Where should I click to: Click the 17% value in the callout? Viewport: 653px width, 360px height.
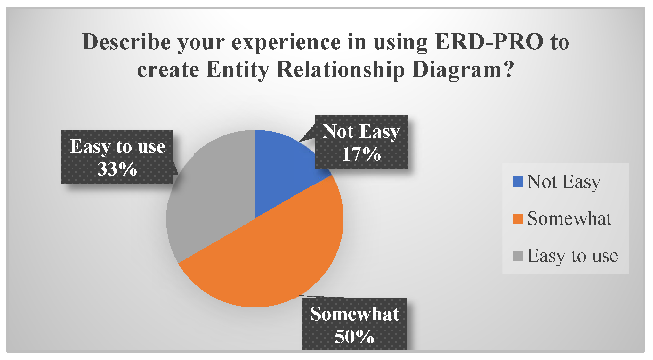(361, 154)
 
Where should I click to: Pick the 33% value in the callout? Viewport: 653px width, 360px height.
(117, 169)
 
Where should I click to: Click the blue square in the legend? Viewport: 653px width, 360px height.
(518, 182)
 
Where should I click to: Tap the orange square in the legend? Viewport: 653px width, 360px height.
(518, 219)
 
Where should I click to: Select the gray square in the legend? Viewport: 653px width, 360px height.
(518, 256)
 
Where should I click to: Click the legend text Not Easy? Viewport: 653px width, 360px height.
(564, 182)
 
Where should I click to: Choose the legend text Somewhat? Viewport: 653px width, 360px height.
(569, 219)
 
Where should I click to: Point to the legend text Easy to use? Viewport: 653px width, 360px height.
(573, 256)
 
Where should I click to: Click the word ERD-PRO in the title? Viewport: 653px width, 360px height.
(489, 42)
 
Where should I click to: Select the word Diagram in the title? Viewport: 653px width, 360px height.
(457, 70)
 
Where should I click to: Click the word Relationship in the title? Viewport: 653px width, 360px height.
(341, 70)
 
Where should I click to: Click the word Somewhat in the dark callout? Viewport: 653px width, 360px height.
(355, 314)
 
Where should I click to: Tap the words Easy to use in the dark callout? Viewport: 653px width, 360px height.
(118, 147)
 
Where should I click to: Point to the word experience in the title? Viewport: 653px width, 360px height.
(286, 43)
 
